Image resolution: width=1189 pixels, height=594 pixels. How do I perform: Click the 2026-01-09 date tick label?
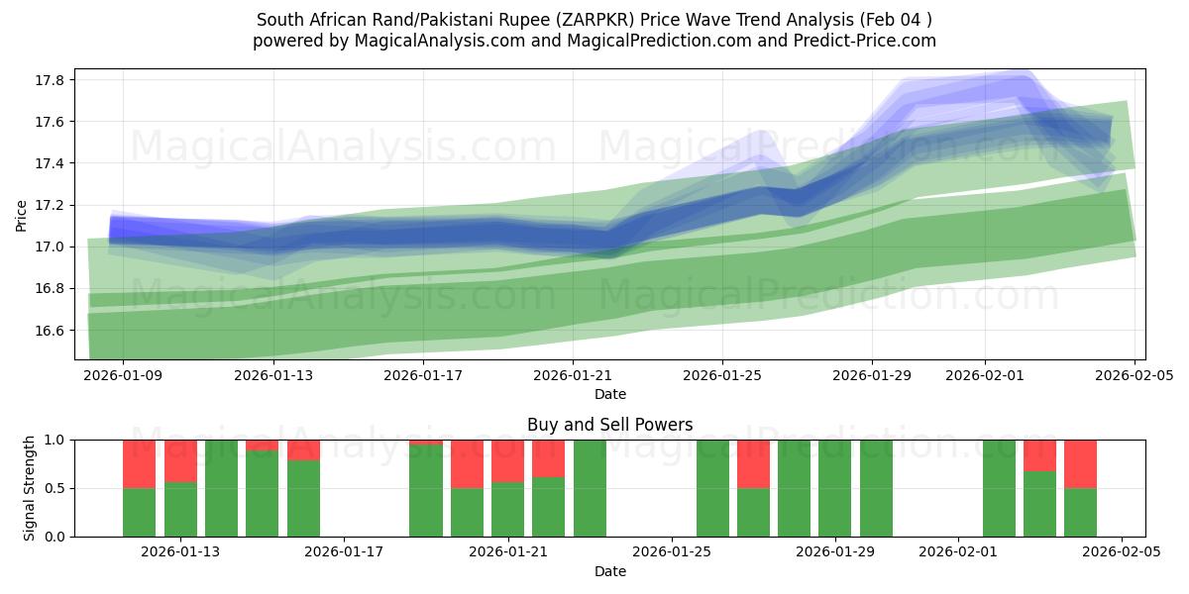pyautogui.click(x=123, y=375)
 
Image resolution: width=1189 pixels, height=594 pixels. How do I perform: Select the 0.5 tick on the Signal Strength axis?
pyautogui.click(x=56, y=488)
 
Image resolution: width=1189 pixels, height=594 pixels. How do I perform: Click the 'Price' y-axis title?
pyautogui.click(x=22, y=214)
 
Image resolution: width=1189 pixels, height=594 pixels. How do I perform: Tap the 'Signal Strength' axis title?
pyautogui.click(x=30, y=488)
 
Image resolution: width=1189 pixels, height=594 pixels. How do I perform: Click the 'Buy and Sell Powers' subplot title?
pyautogui.click(x=609, y=425)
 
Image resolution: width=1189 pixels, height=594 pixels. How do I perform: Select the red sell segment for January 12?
pyautogui.click(x=140, y=463)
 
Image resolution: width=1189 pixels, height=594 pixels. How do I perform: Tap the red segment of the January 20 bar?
pyautogui.click(x=467, y=463)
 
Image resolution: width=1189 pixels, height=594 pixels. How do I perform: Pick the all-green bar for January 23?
pyautogui.click(x=590, y=488)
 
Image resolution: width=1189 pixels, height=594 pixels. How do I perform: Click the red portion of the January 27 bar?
pyautogui.click(x=753, y=463)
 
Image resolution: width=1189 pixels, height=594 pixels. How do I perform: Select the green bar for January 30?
pyautogui.click(x=876, y=488)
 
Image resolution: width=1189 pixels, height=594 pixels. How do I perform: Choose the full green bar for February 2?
pyautogui.click(x=999, y=488)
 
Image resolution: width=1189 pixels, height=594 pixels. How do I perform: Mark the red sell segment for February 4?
pyautogui.click(x=1080, y=463)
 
